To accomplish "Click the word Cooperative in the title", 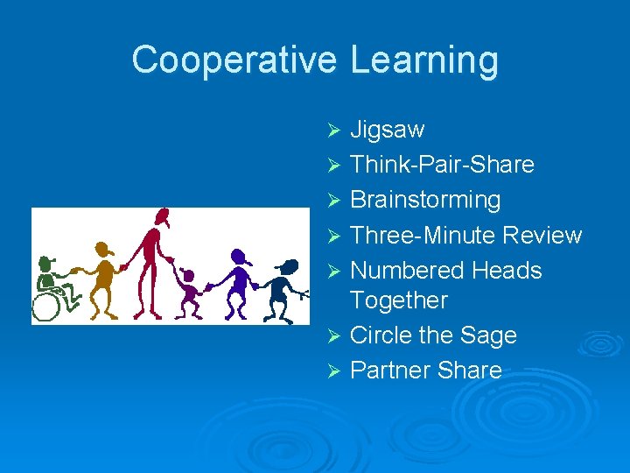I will (234, 60).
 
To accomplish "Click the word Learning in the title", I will (424, 60).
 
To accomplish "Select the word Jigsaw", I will (387, 131).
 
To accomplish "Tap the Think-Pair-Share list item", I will (442, 165).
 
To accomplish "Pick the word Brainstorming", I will (425, 200).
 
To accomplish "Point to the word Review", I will (543, 235).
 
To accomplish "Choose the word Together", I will (398, 300).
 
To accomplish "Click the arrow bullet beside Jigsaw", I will (332, 131).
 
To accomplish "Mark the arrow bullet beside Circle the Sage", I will (332, 336).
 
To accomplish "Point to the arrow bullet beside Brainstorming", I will (332, 201).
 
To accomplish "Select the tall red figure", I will (154, 263).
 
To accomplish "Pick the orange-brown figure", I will (105, 276).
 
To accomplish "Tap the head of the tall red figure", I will (161, 217).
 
